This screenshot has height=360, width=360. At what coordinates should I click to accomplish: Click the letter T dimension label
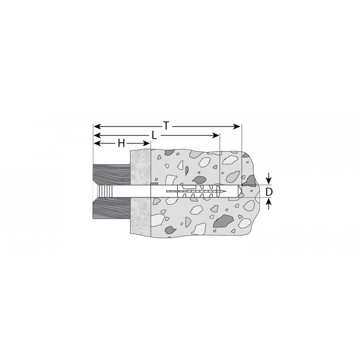[x=166, y=125]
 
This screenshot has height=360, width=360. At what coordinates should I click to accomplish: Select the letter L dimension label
[x=154, y=135]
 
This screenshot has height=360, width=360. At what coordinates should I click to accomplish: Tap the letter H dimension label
[x=121, y=143]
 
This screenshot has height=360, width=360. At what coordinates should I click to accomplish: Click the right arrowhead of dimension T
[x=237, y=127]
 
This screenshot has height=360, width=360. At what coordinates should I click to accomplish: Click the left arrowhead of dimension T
[x=97, y=127]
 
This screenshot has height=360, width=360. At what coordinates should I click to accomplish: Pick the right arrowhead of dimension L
[x=216, y=135]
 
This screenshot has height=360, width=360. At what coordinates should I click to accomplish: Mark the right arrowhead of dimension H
[x=147, y=143]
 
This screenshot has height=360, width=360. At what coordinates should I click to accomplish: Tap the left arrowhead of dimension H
[x=97, y=143]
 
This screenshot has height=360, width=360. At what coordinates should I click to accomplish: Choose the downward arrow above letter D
[x=269, y=178]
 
